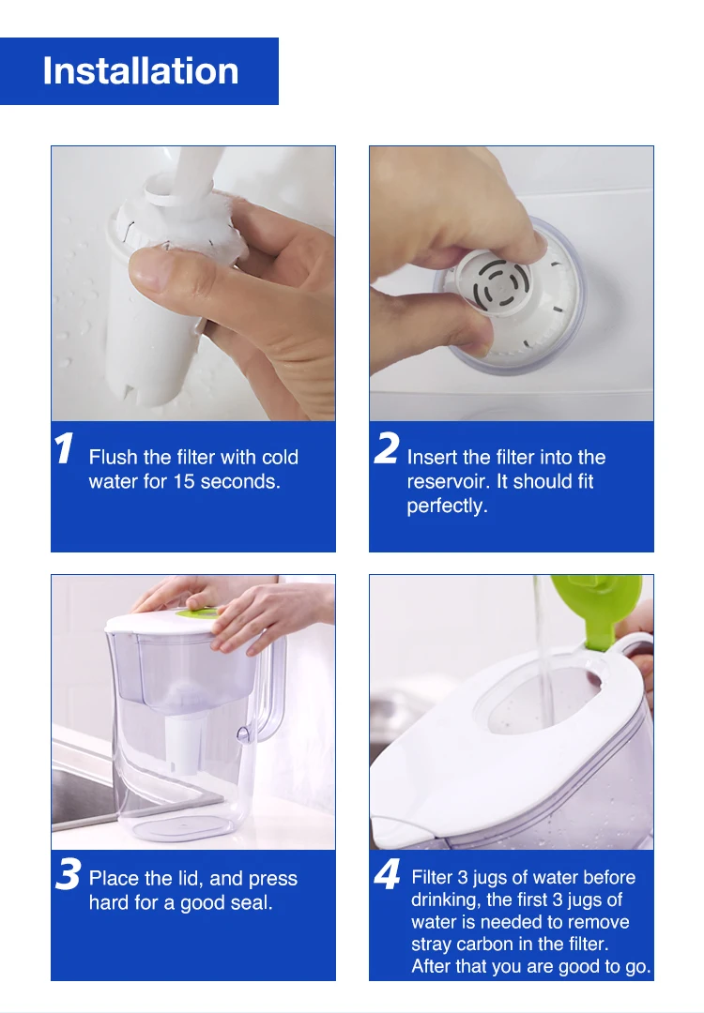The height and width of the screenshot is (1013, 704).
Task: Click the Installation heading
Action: point(140,71)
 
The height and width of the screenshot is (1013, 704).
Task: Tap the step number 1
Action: point(64,447)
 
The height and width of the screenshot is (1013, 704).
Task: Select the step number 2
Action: point(387,447)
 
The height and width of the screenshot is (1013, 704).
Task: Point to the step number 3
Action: point(69,874)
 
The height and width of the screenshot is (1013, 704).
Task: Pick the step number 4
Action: point(388,874)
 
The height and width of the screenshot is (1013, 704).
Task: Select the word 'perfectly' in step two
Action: point(447,506)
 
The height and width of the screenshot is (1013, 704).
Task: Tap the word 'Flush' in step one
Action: point(114,457)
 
